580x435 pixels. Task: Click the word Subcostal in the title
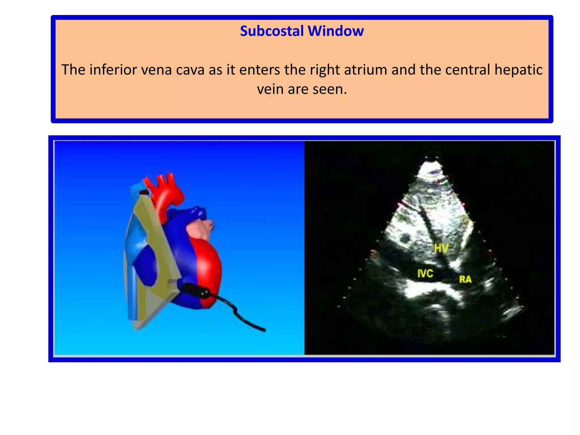[x=272, y=31]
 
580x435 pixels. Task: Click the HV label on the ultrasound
[x=441, y=248]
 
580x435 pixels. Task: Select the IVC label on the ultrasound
[x=425, y=274]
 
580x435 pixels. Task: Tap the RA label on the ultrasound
[x=465, y=280]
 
